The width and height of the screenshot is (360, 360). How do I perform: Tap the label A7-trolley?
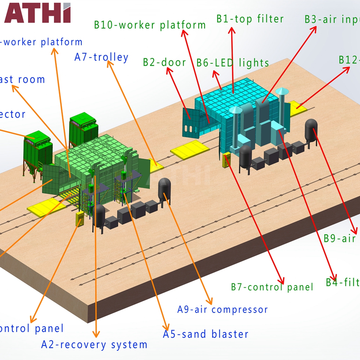coord(102,57)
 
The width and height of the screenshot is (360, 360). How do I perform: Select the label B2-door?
coord(164,62)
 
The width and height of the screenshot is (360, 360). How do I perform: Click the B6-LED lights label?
coord(233,63)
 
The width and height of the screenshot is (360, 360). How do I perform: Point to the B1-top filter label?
coord(250,19)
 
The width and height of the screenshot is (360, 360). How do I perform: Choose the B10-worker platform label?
coord(150,25)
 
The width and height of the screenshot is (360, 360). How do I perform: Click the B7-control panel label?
coord(272,287)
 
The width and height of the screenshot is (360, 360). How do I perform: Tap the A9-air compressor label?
coord(222,309)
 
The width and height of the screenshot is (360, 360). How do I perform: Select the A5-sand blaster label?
coord(206,334)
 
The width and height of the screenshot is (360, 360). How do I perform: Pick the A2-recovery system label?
coord(94,345)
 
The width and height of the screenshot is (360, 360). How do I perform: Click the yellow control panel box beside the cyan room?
coord(226,160)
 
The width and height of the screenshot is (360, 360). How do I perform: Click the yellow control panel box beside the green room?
coord(79,219)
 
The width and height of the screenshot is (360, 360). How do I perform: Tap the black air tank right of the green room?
coord(164,189)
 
